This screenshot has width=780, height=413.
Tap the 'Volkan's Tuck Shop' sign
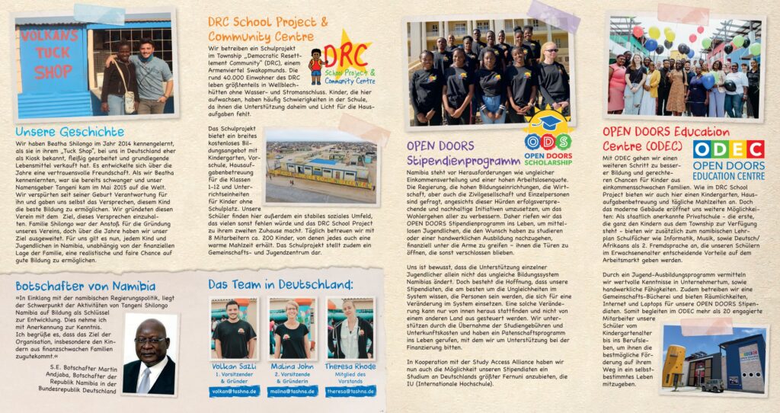pyautogui.click(x=43, y=62)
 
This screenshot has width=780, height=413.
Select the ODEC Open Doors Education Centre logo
pyautogui.click(x=728, y=158)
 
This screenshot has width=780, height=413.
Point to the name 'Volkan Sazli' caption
pyautogui.click(x=235, y=364)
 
